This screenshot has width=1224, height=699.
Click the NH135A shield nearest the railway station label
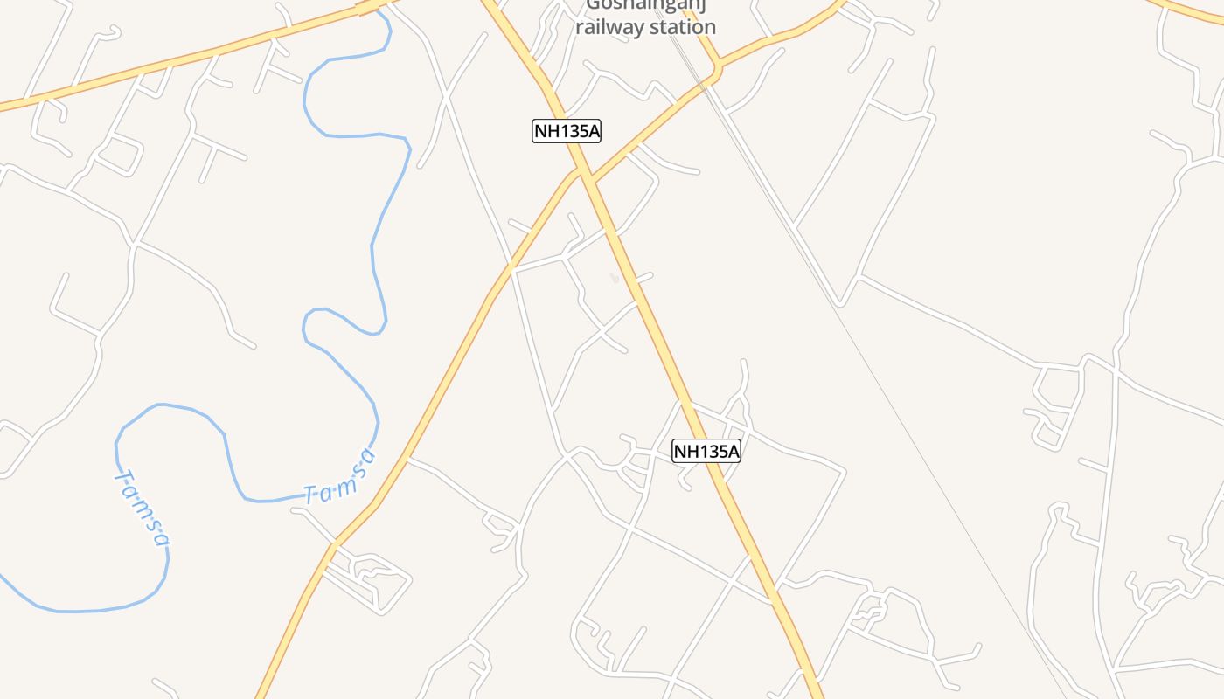567,132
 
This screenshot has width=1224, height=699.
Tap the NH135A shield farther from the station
706,452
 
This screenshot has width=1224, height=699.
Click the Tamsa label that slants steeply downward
143,509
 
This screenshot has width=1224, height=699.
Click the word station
681,27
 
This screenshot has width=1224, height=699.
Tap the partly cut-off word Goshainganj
646,5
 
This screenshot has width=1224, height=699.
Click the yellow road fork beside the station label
717,68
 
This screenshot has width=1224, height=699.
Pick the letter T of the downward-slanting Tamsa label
122,478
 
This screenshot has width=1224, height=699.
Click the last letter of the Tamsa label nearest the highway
370,456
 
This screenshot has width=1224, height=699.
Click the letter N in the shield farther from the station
681,452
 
